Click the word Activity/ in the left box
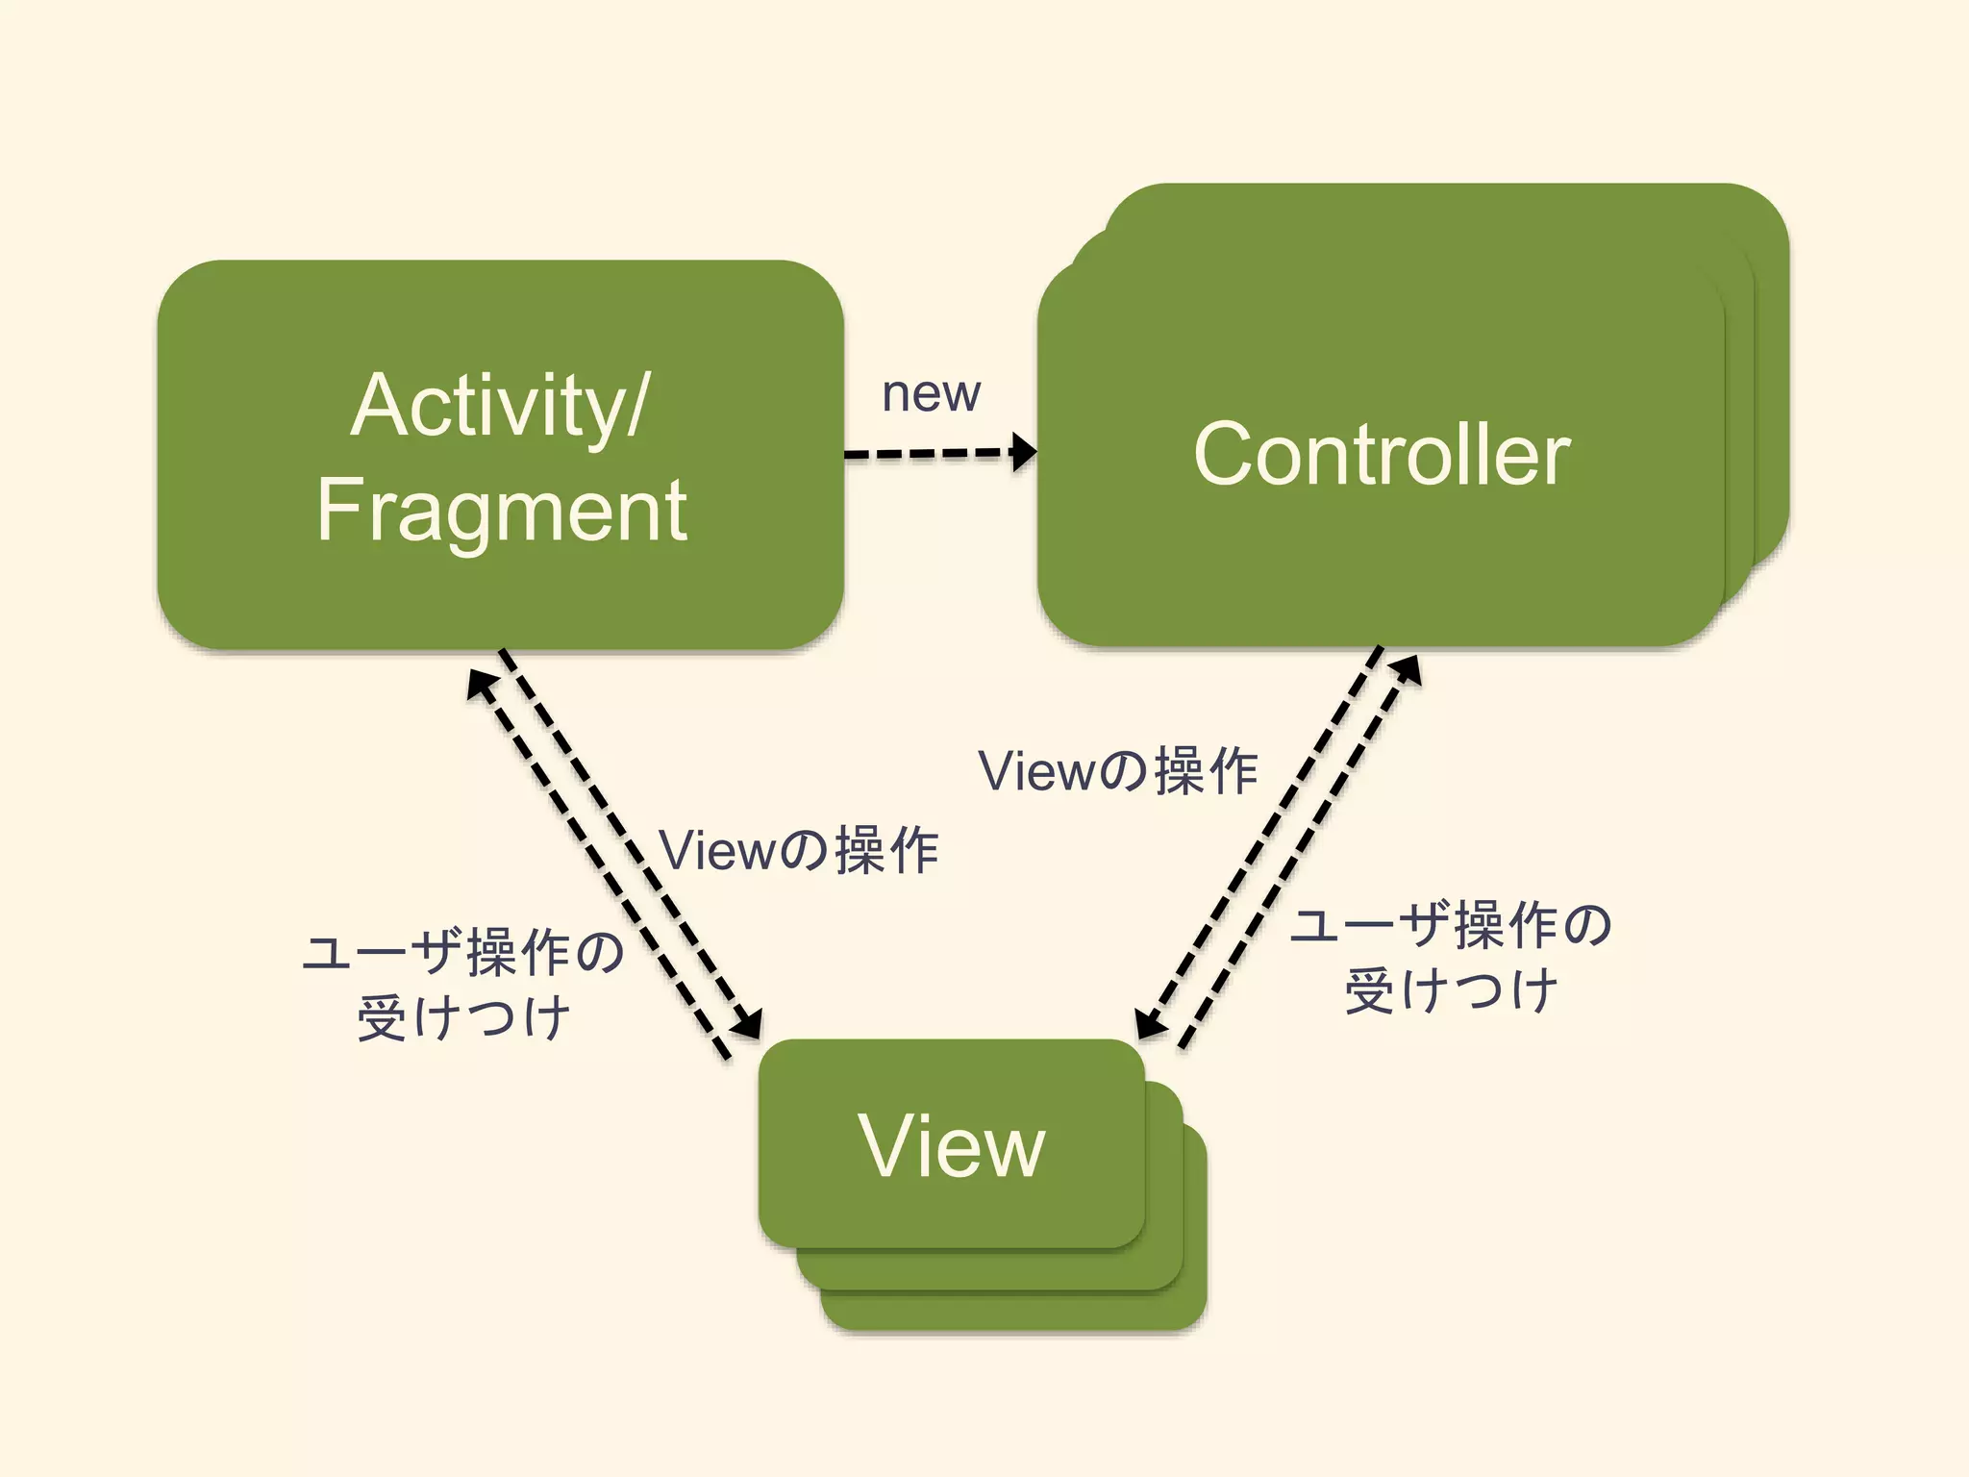(500, 406)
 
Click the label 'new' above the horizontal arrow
(931, 393)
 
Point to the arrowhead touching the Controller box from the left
(1026, 451)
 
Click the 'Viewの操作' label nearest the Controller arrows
(1117, 771)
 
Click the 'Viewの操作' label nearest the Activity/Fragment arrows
(798, 850)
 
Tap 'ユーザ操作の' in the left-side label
(463, 952)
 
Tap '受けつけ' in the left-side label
(463, 1017)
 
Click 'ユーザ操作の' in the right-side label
(1450, 925)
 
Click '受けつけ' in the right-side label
(1450, 990)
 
